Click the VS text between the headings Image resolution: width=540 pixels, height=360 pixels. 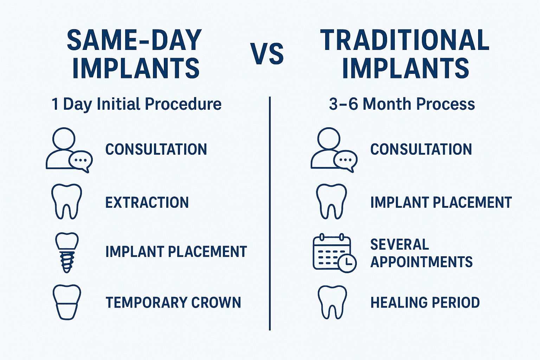(x=267, y=53)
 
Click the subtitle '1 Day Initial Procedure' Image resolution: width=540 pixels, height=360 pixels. (x=136, y=104)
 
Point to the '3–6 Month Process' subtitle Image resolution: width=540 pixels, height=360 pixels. (x=402, y=104)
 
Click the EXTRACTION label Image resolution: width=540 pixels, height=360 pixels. (x=147, y=202)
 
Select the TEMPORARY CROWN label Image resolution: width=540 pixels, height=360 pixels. (x=173, y=302)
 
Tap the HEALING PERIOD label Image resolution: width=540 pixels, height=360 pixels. (x=425, y=302)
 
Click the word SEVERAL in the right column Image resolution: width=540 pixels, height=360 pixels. (x=399, y=244)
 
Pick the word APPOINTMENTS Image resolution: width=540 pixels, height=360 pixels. (x=422, y=262)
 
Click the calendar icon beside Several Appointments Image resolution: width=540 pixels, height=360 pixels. (x=334, y=253)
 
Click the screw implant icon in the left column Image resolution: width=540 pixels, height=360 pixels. (x=67, y=253)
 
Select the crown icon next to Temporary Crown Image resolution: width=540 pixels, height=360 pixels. (x=67, y=302)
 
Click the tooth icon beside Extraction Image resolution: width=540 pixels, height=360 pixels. (x=66, y=201)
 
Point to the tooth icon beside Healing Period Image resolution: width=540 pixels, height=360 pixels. (x=332, y=302)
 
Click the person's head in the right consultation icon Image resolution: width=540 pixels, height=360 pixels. (x=329, y=139)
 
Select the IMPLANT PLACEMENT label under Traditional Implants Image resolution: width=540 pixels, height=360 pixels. (x=441, y=202)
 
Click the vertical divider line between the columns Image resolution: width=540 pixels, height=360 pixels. (x=270, y=213)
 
